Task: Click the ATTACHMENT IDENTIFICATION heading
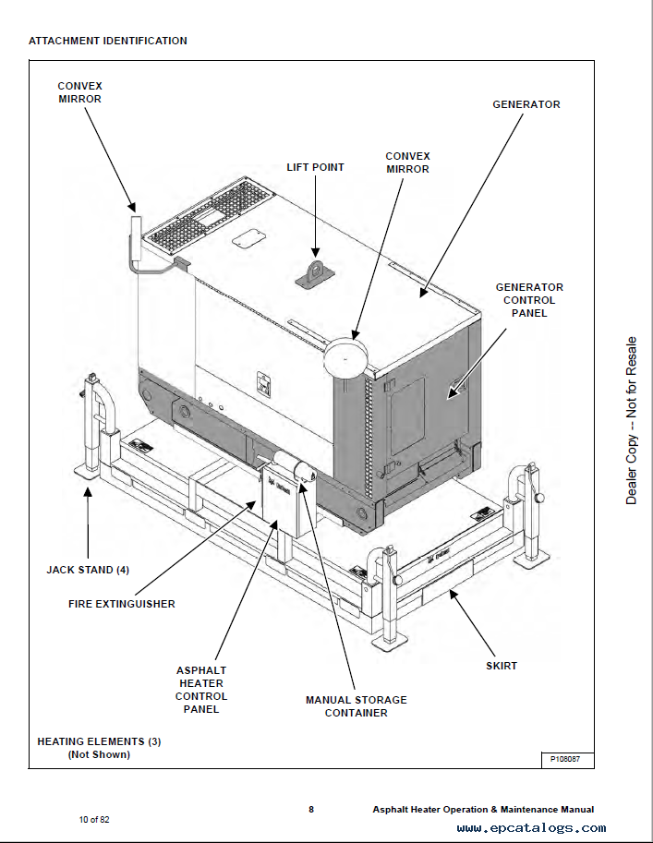point(107,41)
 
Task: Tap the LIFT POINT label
point(315,167)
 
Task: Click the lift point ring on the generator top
point(315,271)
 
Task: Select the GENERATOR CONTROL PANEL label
point(529,300)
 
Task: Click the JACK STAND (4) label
point(88,570)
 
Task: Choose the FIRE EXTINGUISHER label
point(122,604)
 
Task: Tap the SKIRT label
point(502,666)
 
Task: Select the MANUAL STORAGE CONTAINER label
point(356,706)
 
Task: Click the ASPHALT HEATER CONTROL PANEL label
point(201,690)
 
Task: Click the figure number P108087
point(566,759)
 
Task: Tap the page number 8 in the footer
point(311,809)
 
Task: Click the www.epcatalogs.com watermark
point(531,828)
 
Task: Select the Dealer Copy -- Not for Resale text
point(632,419)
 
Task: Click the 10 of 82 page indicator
point(94,819)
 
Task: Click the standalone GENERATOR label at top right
point(526,104)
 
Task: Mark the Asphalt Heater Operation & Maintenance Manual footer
point(483,810)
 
